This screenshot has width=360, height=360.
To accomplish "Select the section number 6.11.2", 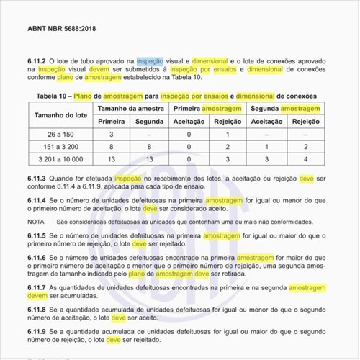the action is (x=40, y=63).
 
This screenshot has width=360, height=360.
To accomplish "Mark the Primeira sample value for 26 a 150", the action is (x=112, y=135).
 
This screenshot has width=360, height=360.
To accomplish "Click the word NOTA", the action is (x=37, y=222).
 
